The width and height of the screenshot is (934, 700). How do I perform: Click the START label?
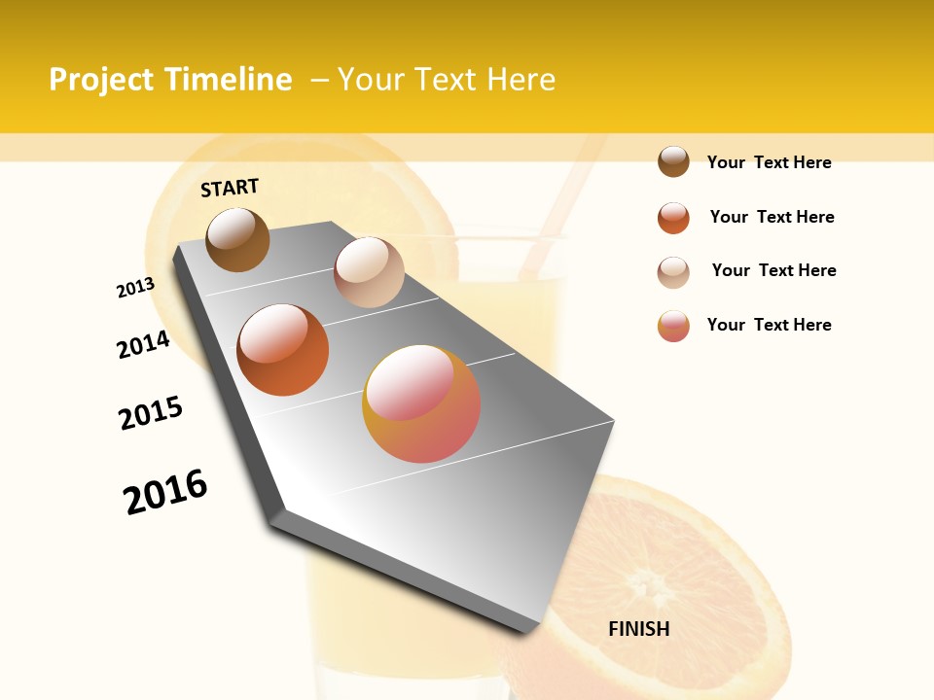click(x=230, y=188)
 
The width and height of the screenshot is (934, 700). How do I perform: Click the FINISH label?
click(x=638, y=629)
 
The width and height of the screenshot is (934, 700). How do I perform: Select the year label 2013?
click(x=135, y=288)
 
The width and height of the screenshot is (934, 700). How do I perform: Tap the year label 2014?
click(x=143, y=345)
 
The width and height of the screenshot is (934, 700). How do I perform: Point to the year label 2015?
click(x=151, y=413)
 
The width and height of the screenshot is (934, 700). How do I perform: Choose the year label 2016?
click(x=165, y=491)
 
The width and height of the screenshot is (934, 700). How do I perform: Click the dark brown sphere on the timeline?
click(x=238, y=239)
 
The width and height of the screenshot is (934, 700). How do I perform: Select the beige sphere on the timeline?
click(x=369, y=272)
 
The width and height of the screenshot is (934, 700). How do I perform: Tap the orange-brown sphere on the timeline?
click(x=283, y=350)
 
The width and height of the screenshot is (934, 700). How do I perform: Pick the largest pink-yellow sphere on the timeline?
click(x=421, y=403)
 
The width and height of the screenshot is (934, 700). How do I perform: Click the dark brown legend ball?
click(x=673, y=162)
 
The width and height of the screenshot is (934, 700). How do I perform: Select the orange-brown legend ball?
click(x=673, y=218)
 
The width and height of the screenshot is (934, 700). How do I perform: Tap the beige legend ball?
click(x=673, y=272)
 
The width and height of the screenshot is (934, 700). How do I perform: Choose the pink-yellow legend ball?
click(x=673, y=326)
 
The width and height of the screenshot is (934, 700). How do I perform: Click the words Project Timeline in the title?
click(x=170, y=80)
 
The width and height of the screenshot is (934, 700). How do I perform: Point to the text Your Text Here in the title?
click(x=447, y=80)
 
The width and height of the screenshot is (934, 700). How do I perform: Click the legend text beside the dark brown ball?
click(x=769, y=162)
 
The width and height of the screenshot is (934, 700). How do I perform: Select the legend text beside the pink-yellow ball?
click(x=769, y=325)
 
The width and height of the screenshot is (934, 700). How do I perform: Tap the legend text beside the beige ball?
click(x=773, y=270)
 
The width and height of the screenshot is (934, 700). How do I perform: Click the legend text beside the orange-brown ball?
click(x=772, y=217)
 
